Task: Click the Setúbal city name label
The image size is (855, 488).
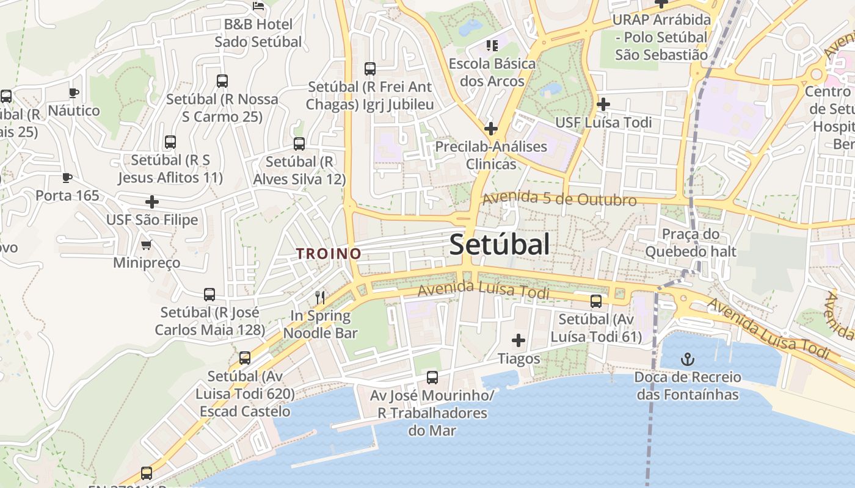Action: point(499,245)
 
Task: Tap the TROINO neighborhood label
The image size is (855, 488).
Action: point(329,253)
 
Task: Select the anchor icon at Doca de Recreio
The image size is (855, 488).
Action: point(688,359)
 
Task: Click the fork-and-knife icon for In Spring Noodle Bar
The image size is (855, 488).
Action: point(320,298)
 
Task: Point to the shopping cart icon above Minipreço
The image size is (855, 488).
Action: point(147,245)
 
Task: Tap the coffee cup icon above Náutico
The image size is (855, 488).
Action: point(74,93)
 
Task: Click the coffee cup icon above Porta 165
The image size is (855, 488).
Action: point(67,178)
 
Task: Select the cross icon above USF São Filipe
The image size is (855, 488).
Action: point(152,202)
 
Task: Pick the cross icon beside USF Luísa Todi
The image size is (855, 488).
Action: point(603,104)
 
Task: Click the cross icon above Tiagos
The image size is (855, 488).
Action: point(518,340)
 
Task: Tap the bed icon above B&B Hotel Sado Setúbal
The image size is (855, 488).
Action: point(258,6)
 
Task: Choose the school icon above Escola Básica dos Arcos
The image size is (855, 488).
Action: point(492,45)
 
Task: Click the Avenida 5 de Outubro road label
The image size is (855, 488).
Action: point(559,199)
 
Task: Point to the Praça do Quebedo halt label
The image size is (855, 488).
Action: point(691,243)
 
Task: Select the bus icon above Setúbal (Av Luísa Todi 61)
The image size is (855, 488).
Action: point(596,301)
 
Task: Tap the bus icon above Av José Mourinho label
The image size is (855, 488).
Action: point(432,378)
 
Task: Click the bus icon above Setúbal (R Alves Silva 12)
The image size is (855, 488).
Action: point(299,144)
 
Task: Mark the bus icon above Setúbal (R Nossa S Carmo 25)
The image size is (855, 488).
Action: point(222,81)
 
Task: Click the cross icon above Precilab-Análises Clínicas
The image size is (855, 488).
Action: point(490,129)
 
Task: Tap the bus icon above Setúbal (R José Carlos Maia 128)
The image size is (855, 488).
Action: point(209,295)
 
